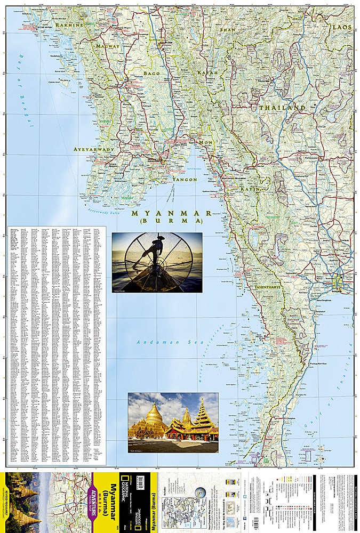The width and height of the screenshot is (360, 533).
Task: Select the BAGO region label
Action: [x=152, y=72]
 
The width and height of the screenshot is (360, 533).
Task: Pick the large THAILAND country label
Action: [x=282, y=108]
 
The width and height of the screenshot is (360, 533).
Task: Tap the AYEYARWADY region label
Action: [x=94, y=150]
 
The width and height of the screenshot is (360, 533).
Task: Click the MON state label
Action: [x=206, y=143]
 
